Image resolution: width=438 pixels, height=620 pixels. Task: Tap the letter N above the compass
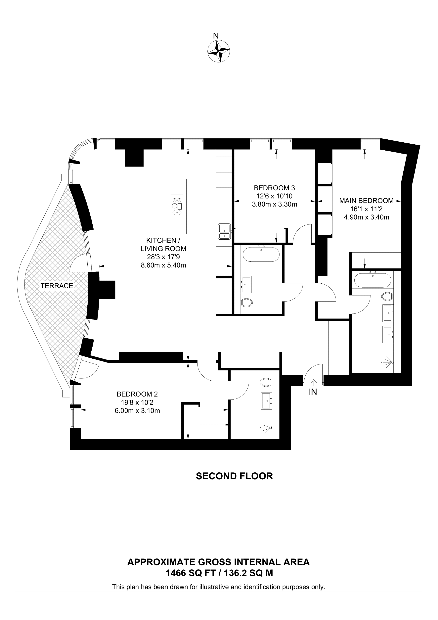tap(216, 36)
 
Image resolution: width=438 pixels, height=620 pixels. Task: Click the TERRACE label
tap(57, 286)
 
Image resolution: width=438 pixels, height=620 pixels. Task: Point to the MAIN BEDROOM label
tap(366, 201)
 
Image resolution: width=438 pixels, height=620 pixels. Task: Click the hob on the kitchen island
tap(177, 206)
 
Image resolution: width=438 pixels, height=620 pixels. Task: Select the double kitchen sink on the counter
tap(225, 231)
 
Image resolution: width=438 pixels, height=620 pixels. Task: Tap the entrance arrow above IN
tap(313, 382)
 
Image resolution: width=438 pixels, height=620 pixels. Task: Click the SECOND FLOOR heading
tap(234, 476)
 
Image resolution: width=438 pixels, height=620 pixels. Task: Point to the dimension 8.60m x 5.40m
tap(163, 265)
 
